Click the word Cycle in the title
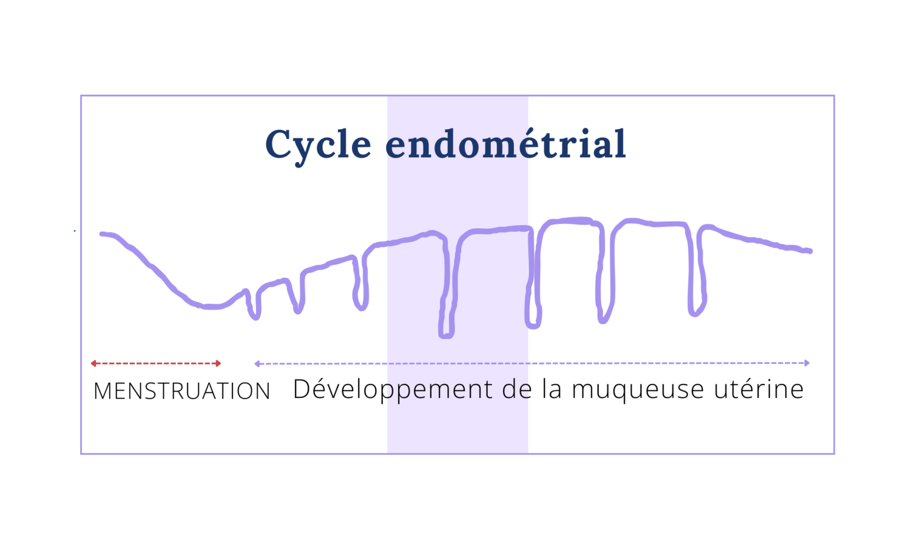click(318, 144)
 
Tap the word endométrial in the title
click(505, 144)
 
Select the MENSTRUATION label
click(182, 391)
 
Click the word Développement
click(392, 390)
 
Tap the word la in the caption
click(552, 389)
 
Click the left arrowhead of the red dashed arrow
click(93, 363)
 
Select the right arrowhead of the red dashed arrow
click(219, 363)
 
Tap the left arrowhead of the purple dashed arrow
click(257, 364)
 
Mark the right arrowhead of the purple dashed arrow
click(807, 363)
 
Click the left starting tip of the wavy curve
click(102, 234)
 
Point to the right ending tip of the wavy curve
click(810, 251)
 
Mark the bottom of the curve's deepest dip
click(446, 336)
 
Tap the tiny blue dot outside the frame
click(74, 231)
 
